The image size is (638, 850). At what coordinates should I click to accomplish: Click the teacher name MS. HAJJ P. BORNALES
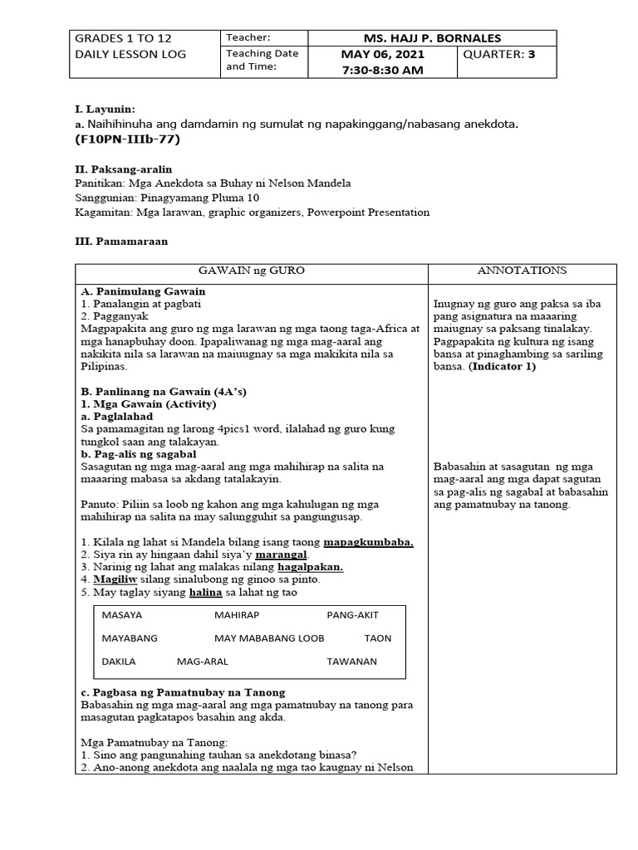click(433, 38)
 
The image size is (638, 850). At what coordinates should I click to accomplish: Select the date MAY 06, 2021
click(382, 55)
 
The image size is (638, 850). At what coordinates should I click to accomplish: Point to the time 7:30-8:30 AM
click(382, 71)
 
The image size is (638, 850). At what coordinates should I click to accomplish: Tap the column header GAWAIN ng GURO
click(251, 271)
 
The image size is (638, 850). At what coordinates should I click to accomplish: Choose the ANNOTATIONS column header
click(523, 271)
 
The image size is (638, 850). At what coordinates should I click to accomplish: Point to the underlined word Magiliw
click(116, 579)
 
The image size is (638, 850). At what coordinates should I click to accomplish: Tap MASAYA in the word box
click(122, 616)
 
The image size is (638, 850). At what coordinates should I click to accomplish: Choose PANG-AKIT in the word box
click(352, 616)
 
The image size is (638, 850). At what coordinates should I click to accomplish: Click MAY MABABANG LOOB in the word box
click(269, 638)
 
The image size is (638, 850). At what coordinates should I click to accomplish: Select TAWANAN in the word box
click(351, 662)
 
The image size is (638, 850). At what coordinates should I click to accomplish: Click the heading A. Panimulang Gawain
click(143, 291)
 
